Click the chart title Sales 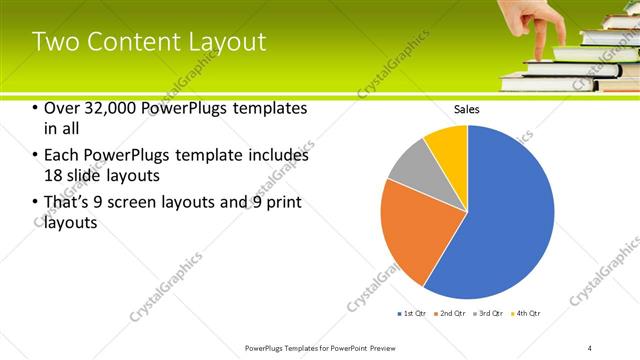(x=467, y=108)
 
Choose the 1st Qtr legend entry (x=414, y=313)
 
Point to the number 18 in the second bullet (x=55, y=175)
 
